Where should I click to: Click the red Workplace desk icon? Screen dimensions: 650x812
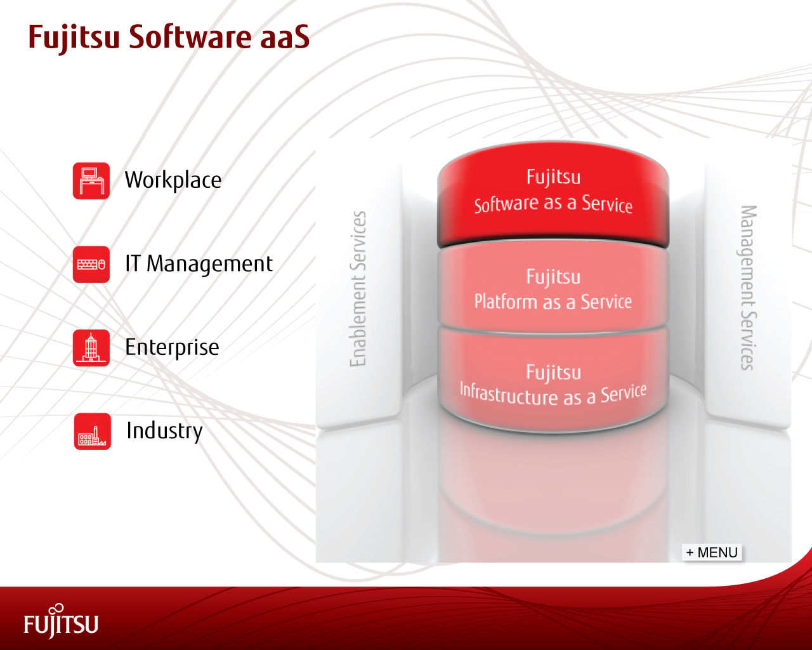(x=91, y=181)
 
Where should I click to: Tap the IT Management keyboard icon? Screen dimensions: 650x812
(x=91, y=264)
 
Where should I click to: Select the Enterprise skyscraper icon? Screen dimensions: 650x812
(x=91, y=348)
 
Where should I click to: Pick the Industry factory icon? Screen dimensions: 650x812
(x=92, y=432)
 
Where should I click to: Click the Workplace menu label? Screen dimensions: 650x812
(x=173, y=180)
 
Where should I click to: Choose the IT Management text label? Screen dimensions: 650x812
(x=199, y=264)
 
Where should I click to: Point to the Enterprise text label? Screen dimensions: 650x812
(x=172, y=347)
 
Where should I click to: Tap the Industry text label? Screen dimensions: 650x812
(x=164, y=430)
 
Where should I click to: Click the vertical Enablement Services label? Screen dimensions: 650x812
(x=358, y=289)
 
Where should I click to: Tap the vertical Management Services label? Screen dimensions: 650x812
(x=749, y=288)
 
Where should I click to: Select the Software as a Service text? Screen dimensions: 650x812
(x=553, y=204)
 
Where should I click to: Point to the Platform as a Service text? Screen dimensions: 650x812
(x=553, y=302)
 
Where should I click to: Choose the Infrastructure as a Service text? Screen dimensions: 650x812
(x=553, y=394)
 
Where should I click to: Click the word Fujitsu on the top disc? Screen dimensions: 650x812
(x=553, y=176)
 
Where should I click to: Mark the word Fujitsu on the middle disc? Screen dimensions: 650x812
(x=553, y=277)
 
